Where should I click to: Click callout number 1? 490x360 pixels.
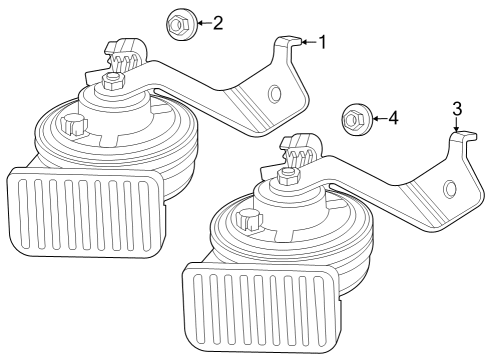tap(321, 42)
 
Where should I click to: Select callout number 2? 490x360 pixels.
tap(217, 21)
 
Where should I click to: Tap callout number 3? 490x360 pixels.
tap(457, 108)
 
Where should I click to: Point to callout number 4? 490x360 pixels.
tap(393, 119)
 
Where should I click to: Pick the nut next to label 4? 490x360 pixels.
tap(355, 119)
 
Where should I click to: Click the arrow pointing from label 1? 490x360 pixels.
tap(308, 42)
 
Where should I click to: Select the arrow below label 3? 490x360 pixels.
tap(457, 124)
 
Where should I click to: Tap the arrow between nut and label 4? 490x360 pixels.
tap(377, 119)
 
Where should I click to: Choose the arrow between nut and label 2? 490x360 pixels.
tap(202, 21)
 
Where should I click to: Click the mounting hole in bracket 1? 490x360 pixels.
tap(273, 94)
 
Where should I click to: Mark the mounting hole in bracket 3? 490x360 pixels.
tap(449, 188)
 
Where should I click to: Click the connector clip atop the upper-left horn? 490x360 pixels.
tap(124, 53)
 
